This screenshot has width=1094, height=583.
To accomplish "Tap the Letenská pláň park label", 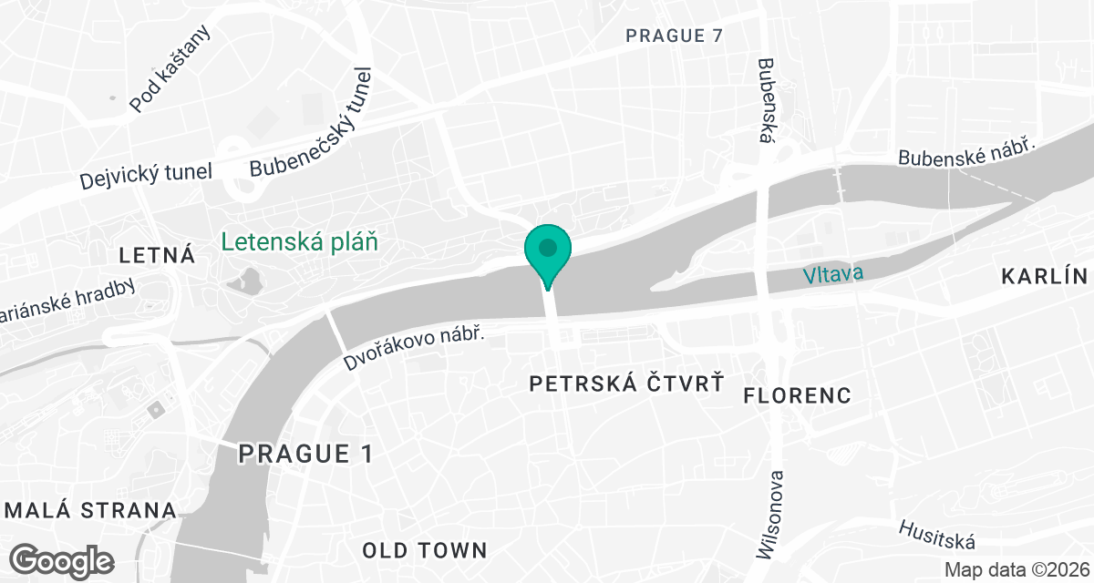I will [299, 242].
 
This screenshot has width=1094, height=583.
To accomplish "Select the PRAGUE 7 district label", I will [674, 36].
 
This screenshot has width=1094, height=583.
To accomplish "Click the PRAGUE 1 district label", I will [305, 454].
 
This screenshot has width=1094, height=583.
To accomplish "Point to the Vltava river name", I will [832, 273].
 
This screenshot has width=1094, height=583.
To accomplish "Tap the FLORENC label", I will [798, 394].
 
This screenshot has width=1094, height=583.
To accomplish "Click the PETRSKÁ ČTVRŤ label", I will [627, 384].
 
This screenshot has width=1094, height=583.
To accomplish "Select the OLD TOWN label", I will [425, 550].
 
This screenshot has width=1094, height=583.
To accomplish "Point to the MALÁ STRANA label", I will [88, 510].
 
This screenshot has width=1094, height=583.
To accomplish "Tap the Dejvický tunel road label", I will [146, 172].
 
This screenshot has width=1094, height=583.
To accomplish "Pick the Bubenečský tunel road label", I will [312, 124].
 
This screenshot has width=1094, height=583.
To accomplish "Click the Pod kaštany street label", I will [170, 69].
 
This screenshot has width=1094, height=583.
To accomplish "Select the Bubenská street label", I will [766, 101].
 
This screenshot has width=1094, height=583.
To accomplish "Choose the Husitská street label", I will [937, 535].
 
